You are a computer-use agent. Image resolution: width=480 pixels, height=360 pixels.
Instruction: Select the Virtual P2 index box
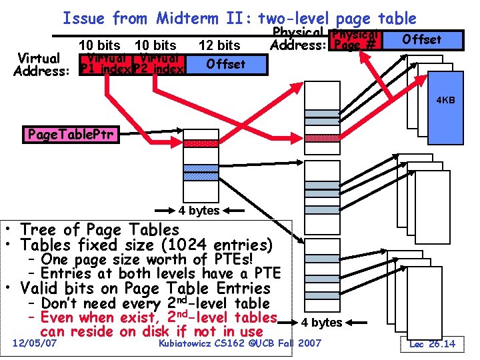tap(159, 64)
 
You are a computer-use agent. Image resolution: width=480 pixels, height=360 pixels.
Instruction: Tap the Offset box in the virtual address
tap(225, 64)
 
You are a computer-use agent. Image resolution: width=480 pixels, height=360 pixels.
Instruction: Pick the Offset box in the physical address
tap(421, 39)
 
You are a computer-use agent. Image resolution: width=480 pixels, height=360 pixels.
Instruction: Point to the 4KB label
tap(445, 100)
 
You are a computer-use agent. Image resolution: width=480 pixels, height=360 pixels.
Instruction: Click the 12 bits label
tap(219, 45)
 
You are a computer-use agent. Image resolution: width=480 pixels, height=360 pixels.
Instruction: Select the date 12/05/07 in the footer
tap(35, 343)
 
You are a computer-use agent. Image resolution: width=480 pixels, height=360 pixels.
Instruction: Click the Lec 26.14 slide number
tap(432, 343)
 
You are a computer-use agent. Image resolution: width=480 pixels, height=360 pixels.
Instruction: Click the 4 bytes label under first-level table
tap(199, 211)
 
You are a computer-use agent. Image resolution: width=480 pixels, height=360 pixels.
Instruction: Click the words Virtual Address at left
tap(40, 65)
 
